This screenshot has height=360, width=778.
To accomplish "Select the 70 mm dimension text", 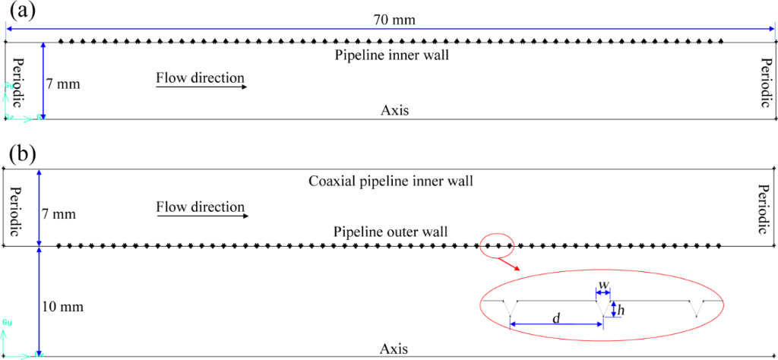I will pyautogui.click(x=394, y=20).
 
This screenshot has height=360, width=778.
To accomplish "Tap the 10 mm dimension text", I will pyautogui.click(x=63, y=307).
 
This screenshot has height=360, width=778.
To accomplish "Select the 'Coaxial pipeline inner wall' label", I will pyautogui.click(x=391, y=182).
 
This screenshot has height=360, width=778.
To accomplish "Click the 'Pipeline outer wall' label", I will pyautogui.click(x=390, y=231).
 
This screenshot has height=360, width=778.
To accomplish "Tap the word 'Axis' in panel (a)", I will pyautogui.click(x=395, y=110).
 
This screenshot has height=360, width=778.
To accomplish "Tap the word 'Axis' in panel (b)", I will pyautogui.click(x=394, y=349).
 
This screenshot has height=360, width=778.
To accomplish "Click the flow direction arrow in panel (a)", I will pyautogui.click(x=202, y=87).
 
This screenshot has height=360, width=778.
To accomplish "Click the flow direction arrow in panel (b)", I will pyautogui.click(x=202, y=216).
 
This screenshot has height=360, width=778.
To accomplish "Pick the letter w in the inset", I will pyautogui.click(x=603, y=285).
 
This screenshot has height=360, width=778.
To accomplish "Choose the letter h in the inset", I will pyautogui.click(x=621, y=310).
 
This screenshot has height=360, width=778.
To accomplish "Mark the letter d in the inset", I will pyautogui.click(x=556, y=317).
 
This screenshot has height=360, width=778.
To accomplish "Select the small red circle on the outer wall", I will pyautogui.click(x=496, y=245).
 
